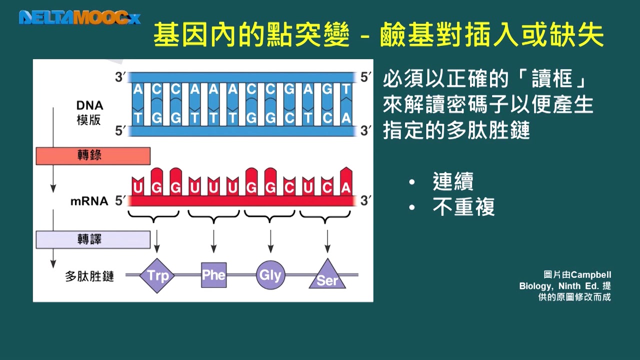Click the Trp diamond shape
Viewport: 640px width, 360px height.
(157, 275)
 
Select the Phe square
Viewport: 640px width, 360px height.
(213, 274)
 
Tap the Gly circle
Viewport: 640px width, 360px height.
(270, 274)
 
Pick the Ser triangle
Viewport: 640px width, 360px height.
(327, 276)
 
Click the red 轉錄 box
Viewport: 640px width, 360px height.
(93, 156)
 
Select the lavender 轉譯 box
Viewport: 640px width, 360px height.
(93, 239)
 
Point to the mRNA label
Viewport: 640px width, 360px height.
(89, 201)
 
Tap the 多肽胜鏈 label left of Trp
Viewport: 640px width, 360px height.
(89, 276)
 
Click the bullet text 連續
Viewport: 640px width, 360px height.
(453, 182)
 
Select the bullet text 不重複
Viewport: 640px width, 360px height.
(463, 207)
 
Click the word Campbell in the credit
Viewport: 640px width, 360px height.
(591, 275)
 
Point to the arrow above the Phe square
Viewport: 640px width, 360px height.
(213, 241)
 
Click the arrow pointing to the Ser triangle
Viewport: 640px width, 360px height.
(327, 241)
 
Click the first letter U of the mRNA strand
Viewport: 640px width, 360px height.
(137, 188)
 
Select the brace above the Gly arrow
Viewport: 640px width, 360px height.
(270, 217)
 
